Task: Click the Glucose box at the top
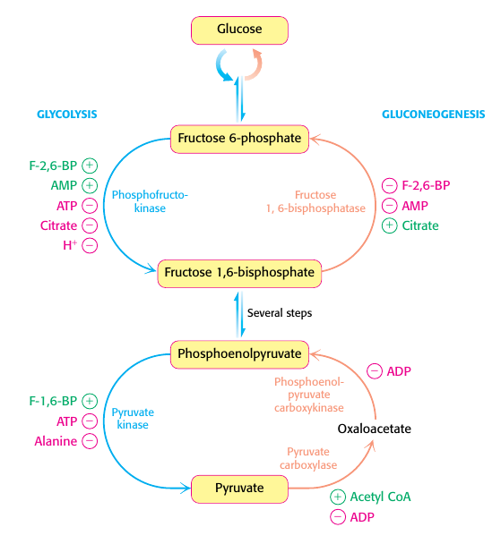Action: pyautogui.click(x=239, y=30)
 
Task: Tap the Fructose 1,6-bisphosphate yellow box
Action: pyautogui.click(x=239, y=273)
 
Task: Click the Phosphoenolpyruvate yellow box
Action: pyautogui.click(x=239, y=354)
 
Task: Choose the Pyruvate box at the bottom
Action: pyautogui.click(x=239, y=489)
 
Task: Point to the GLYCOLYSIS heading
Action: pyautogui.click(x=66, y=115)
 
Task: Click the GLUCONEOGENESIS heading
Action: pyautogui.click(x=434, y=115)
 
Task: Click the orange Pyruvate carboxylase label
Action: pyautogui.click(x=315, y=460)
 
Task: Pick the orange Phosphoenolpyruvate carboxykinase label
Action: pyautogui.click(x=308, y=395)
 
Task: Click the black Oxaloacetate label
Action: pyautogui.click(x=374, y=429)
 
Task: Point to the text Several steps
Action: pyautogui.click(x=280, y=313)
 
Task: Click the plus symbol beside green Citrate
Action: pyautogui.click(x=389, y=225)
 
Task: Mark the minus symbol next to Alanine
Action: pyautogui.click(x=90, y=440)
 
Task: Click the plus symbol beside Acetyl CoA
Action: pyautogui.click(x=337, y=497)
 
